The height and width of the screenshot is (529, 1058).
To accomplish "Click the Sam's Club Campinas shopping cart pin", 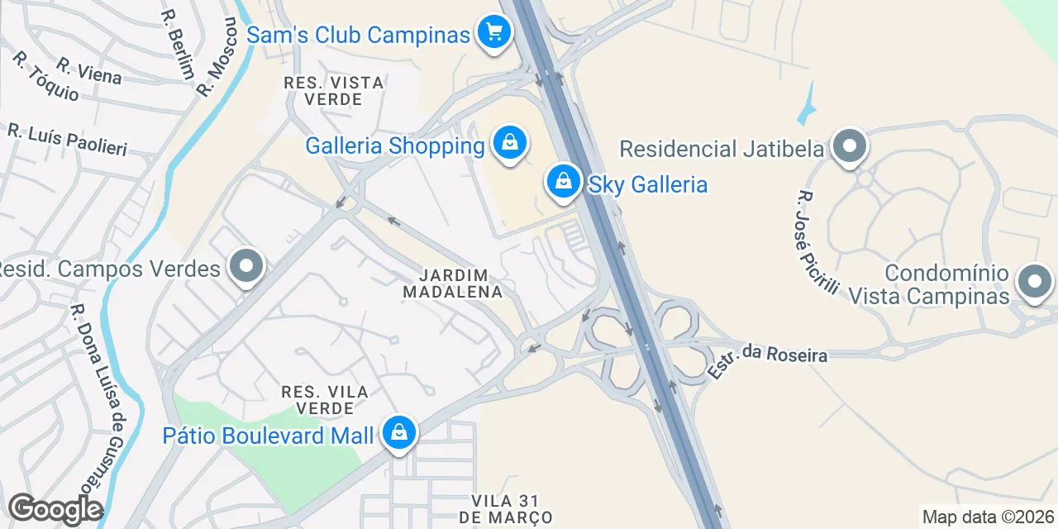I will (x=494, y=33).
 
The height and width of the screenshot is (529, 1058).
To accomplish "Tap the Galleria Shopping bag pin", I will (x=510, y=144).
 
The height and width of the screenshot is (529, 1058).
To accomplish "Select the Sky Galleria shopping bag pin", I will (x=564, y=180).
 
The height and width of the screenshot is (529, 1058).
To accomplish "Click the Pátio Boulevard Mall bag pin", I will (x=399, y=432).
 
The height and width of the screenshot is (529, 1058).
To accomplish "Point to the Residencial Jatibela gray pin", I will (x=848, y=147).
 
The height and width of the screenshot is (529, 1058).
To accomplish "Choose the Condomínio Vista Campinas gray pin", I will (x=1033, y=282).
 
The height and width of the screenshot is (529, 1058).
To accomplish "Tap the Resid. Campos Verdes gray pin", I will (x=245, y=266).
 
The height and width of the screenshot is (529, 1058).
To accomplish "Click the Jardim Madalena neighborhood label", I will (x=452, y=284).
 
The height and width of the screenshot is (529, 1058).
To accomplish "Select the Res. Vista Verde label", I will (x=334, y=91).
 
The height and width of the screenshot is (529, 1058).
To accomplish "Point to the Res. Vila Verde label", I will (x=325, y=399).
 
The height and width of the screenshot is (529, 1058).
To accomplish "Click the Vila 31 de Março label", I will (x=512, y=509).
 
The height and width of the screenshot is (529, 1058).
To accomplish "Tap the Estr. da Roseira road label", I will (x=767, y=360).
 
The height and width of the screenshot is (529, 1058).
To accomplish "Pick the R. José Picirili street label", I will (x=817, y=242).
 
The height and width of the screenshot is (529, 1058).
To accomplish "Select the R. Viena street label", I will (x=89, y=71).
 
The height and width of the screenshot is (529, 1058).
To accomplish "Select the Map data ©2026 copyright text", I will (x=988, y=517).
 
